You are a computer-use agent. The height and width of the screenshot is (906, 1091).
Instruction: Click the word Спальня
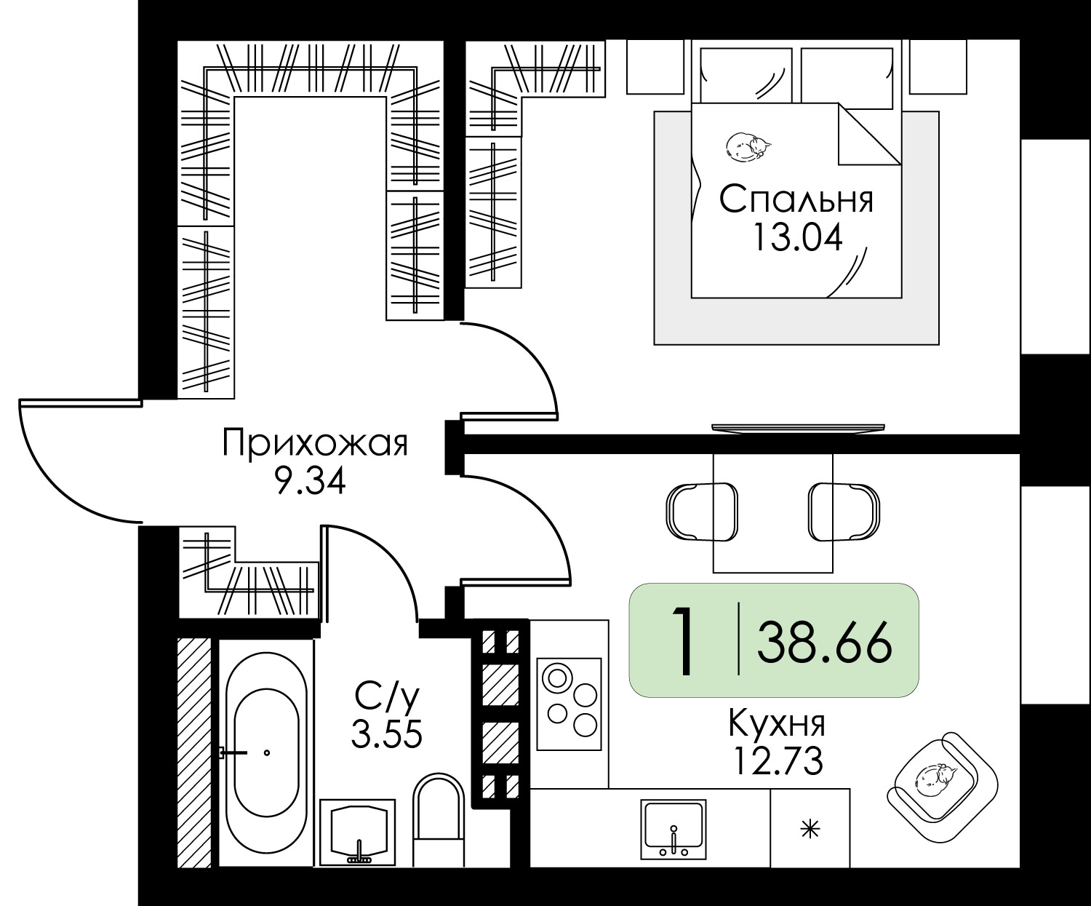point(796,199)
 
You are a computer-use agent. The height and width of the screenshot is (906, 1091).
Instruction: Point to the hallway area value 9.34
point(311,481)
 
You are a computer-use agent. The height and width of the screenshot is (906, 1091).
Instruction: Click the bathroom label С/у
point(387,697)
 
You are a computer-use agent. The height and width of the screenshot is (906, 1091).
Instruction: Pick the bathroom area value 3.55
point(387,734)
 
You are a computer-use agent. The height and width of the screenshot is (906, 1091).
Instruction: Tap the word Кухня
point(777,725)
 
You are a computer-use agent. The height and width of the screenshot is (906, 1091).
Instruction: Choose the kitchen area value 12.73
point(778,760)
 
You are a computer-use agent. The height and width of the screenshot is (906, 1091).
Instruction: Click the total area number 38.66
point(825,643)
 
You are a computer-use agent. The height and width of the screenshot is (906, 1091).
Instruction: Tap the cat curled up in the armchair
point(936,782)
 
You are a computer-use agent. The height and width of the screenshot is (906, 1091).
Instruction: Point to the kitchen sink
point(674,830)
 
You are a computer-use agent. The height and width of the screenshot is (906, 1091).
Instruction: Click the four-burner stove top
point(569,704)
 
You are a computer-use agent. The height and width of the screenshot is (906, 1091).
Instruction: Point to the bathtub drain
point(267,753)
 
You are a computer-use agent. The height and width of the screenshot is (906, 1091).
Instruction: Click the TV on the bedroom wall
point(798,428)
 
